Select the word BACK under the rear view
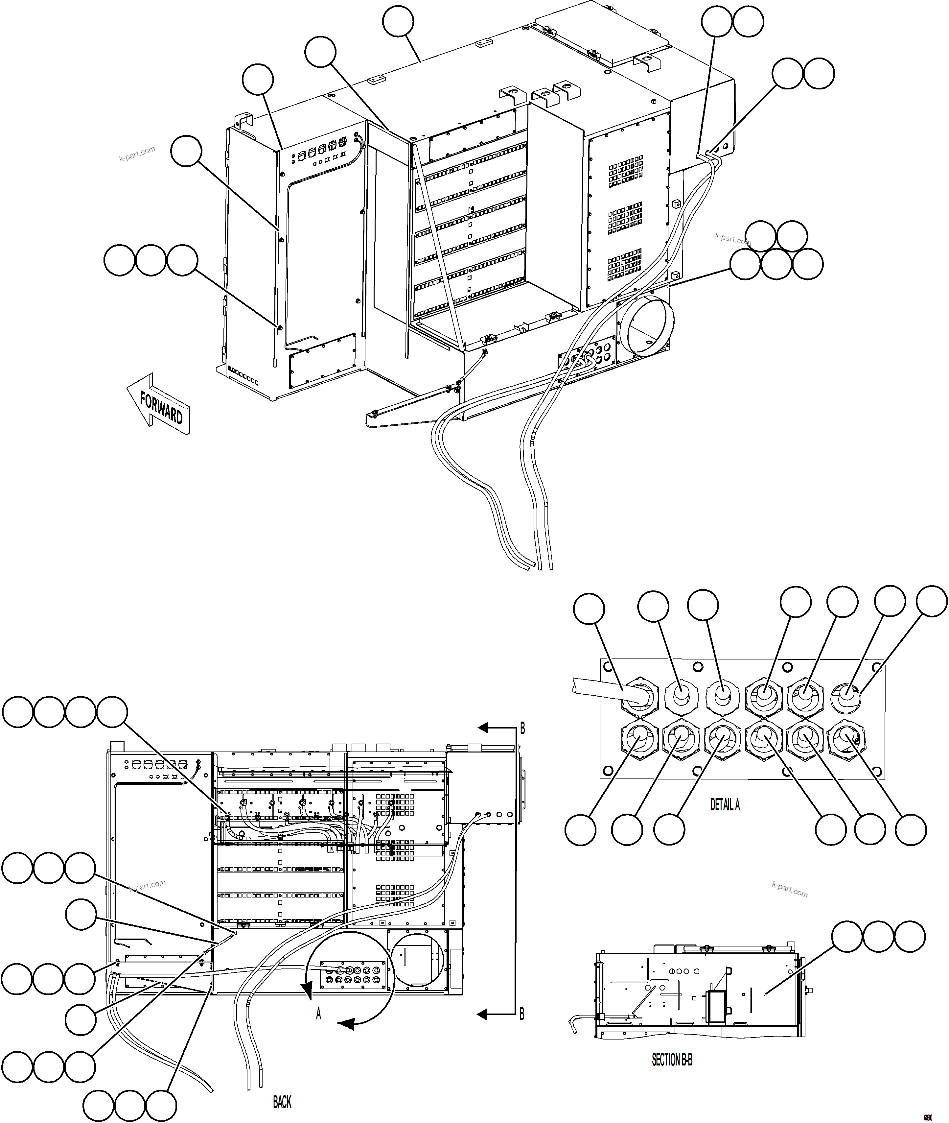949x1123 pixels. click(282, 1103)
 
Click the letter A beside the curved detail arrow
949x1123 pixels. click(318, 1014)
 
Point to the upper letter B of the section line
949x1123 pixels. click(522, 729)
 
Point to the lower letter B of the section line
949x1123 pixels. click(522, 1014)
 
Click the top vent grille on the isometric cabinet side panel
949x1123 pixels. click(626, 172)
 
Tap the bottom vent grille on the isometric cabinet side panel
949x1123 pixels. click(625, 265)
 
